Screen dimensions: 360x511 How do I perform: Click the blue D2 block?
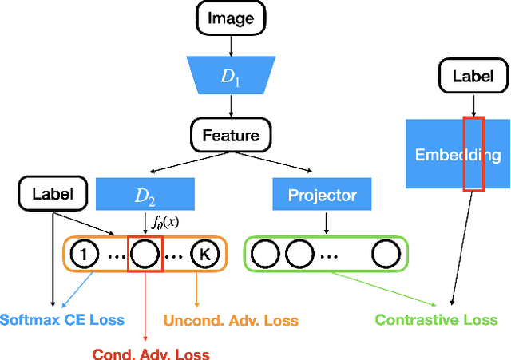coord(145,195)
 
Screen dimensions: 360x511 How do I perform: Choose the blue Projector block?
coord(322,195)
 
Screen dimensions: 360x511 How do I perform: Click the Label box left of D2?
coord(52,193)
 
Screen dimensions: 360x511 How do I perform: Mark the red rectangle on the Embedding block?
coord(473,155)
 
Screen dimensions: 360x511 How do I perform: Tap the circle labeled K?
coord(204,255)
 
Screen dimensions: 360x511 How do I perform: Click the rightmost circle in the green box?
coord(386,255)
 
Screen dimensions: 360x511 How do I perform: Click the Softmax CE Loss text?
coord(61,320)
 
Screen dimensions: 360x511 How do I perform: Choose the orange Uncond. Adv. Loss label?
coord(232,320)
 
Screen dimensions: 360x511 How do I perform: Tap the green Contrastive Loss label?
coord(436,320)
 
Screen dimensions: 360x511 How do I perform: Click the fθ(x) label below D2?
coord(166,222)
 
